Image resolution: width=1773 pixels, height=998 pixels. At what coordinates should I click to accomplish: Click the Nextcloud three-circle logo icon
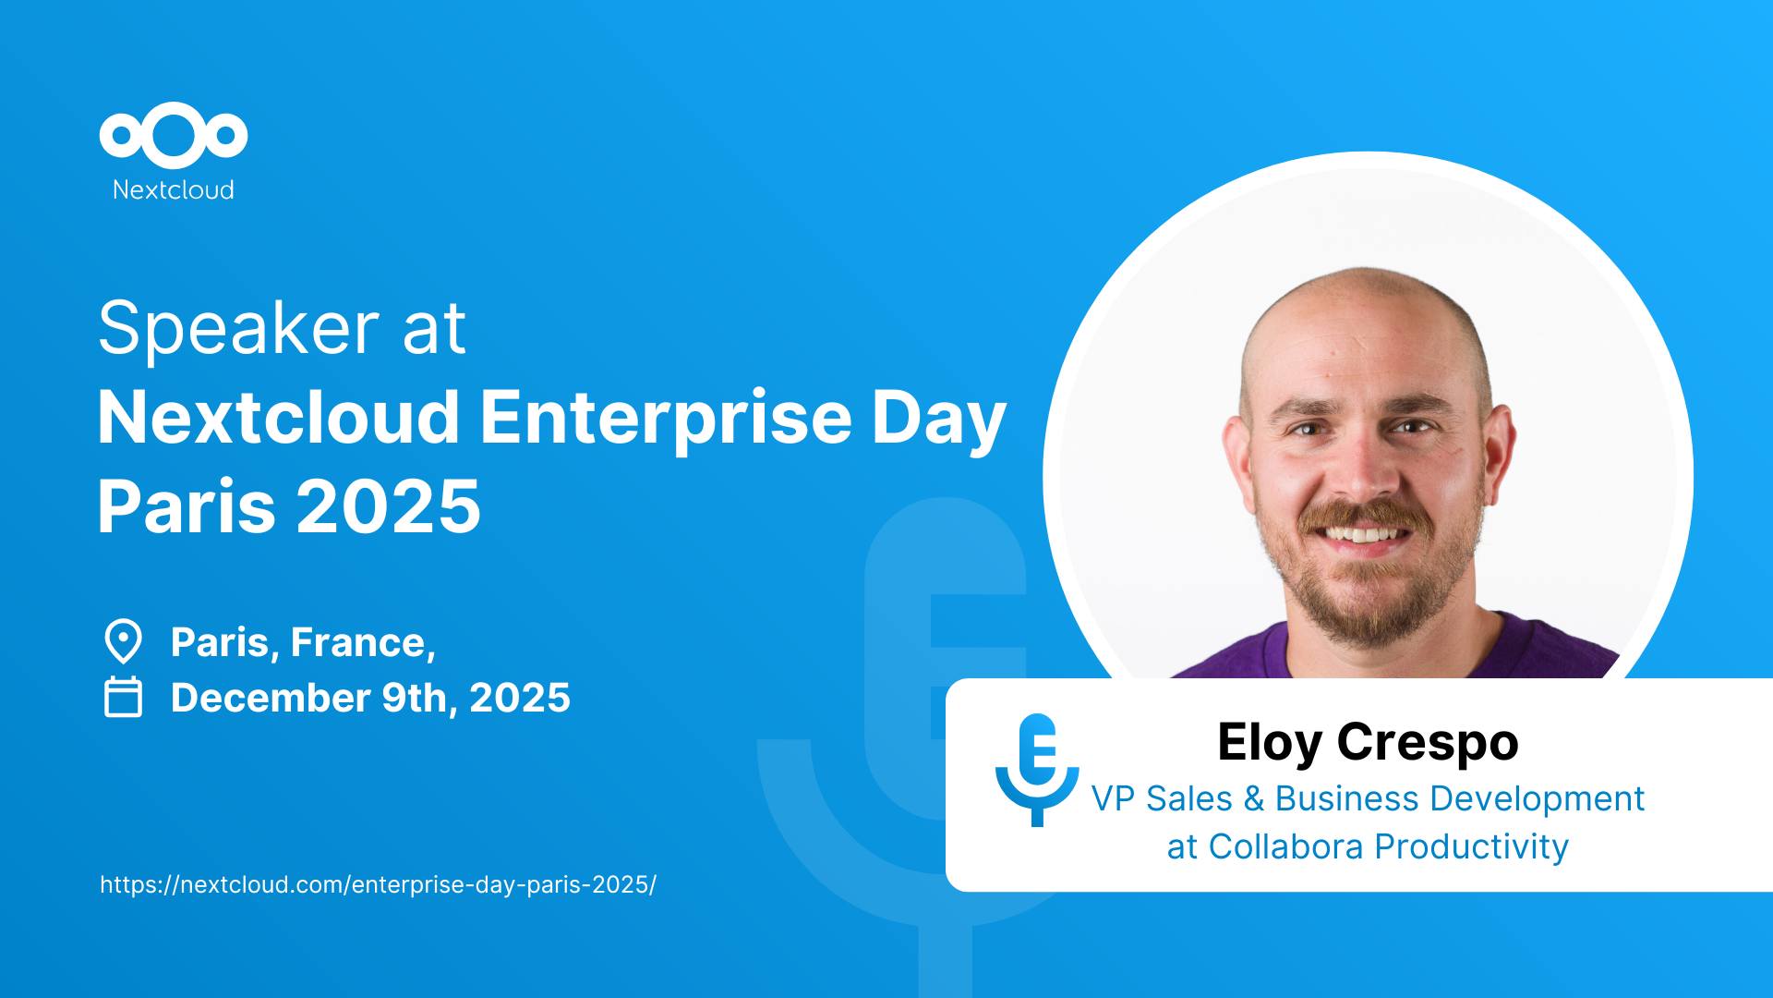(174, 136)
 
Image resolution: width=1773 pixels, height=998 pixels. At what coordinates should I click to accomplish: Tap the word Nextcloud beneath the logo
(174, 189)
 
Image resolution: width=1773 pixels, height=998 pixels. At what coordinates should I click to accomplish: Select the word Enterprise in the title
(665, 419)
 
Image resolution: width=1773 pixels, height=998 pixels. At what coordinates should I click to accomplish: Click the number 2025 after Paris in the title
(389, 506)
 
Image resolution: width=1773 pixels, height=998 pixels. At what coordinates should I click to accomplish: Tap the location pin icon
(123, 641)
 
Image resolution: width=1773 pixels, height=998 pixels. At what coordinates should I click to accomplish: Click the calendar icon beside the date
(123, 697)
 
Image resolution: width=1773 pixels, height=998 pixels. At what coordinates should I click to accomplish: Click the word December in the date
(271, 698)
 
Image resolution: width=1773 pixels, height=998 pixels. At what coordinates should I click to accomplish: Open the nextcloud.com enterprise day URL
(378, 884)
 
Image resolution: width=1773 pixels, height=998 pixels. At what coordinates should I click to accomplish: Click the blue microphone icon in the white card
(1037, 770)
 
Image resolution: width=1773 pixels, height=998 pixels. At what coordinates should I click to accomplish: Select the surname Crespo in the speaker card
(1428, 743)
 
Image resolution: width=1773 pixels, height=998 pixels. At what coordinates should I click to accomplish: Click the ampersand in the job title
(1254, 799)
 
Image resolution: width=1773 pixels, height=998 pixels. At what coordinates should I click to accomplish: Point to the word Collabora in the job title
(1285, 846)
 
